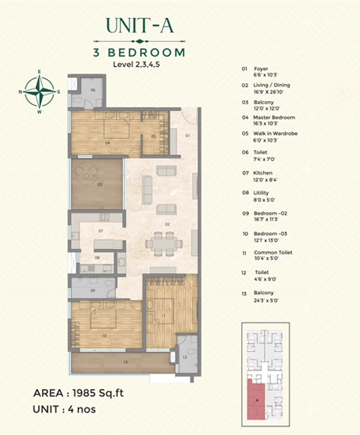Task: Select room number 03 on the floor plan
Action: (x=98, y=182)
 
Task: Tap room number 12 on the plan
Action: (x=184, y=357)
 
